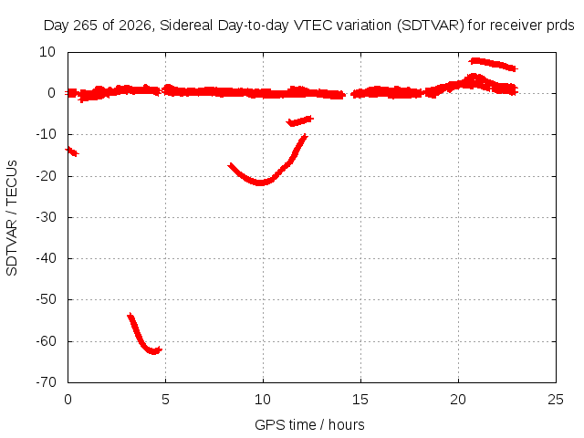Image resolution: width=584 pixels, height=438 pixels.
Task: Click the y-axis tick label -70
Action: [46, 382]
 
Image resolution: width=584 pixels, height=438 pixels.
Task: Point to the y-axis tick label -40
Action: [46, 258]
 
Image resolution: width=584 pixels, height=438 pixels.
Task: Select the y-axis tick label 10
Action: [47, 52]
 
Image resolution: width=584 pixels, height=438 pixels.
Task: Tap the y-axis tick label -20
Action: [46, 176]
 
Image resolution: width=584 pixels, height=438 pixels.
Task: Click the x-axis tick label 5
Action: [165, 400]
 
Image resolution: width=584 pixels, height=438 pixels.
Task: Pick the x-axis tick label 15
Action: [360, 400]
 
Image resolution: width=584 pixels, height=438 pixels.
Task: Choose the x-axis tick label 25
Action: [556, 400]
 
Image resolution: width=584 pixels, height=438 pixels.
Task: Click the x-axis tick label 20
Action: [458, 400]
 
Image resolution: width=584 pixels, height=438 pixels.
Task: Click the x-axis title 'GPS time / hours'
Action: [309, 425]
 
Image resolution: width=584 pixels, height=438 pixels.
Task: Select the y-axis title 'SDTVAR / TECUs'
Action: [12, 218]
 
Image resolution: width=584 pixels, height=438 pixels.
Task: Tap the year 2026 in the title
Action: [135, 26]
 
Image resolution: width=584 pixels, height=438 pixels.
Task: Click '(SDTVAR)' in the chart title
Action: [430, 26]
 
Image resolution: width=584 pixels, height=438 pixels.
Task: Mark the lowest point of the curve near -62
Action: [153, 351]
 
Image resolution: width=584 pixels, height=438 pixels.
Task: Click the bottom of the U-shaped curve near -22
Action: [260, 182]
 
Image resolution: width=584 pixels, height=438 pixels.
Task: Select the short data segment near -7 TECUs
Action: [300, 121]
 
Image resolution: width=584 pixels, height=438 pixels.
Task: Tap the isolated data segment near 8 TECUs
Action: [493, 64]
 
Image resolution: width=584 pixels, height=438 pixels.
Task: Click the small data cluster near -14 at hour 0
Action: [71, 151]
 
